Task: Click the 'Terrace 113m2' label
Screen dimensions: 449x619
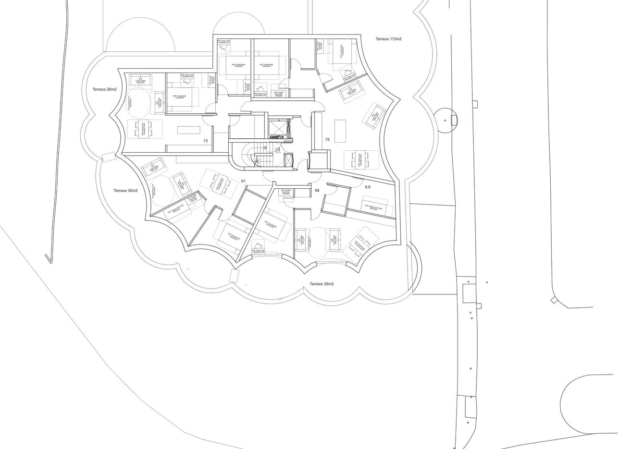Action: pyautogui.click(x=388, y=39)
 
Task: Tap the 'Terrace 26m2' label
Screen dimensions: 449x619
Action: pyautogui.click(x=105, y=89)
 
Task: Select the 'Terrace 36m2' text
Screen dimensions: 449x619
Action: pyautogui.click(x=125, y=191)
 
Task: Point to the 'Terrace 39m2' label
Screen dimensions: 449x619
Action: pyautogui.click(x=322, y=284)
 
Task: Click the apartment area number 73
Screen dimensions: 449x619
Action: pyautogui.click(x=205, y=141)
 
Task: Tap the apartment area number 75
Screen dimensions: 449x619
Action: pyautogui.click(x=327, y=140)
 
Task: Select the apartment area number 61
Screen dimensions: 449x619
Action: pyautogui.click(x=243, y=181)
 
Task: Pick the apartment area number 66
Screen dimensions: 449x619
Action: pyautogui.click(x=317, y=191)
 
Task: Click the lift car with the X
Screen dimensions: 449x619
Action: pyautogui.click(x=277, y=127)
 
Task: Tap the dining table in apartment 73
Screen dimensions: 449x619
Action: pyautogui.click(x=144, y=129)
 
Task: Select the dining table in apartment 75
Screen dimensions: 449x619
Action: pyautogui.click(x=361, y=160)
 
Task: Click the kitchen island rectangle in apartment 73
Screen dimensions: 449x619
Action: pyautogui.click(x=188, y=130)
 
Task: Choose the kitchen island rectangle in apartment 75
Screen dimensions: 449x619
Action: pyautogui.click(x=340, y=131)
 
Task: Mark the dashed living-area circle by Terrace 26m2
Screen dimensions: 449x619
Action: pyautogui.click(x=139, y=103)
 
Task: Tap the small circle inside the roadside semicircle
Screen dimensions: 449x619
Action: pyautogui.click(x=445, y=120)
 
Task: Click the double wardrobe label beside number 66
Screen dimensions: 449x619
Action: pyautogui.click(x=286, y=192)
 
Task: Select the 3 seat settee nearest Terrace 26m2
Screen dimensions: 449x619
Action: pyautogui.click(x=140, y=81)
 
